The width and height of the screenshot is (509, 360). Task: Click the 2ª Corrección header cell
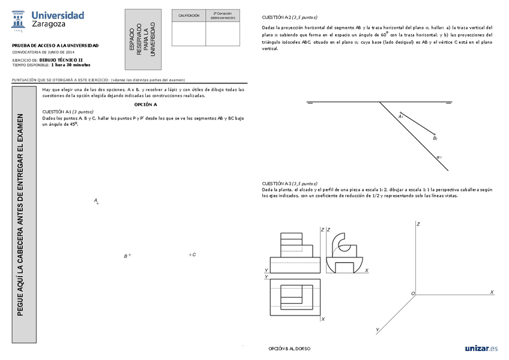point(223,16)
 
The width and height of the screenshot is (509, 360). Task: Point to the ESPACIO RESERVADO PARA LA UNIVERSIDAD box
point(145,40)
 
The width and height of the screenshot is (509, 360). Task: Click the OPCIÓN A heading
point(145,104)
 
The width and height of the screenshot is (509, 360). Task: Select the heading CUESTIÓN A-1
point(67,112)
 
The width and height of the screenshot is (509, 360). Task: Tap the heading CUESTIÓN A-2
point(289,17)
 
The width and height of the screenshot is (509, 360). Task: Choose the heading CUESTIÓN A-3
point(289,183)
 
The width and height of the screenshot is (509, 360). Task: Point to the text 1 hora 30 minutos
point(70,65)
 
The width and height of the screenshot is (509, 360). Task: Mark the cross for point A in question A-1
point(98,204)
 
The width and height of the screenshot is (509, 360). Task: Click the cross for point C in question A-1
point(190,255)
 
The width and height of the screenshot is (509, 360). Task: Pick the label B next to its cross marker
point(125,256)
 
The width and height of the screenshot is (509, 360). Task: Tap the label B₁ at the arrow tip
point(435,139)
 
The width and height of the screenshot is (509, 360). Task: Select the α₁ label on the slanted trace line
point(439,158)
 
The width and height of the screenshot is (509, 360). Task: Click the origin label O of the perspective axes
point(412,293)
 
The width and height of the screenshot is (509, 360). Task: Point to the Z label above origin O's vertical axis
point(418,224)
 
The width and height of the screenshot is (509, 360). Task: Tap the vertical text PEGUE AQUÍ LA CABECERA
point(20,214)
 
